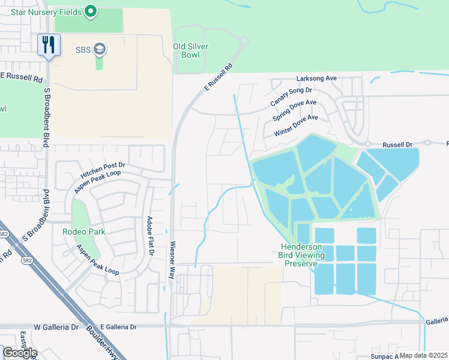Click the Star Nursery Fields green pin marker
point(91,11)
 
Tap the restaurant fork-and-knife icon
point(49,45)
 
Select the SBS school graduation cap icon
point(100,49)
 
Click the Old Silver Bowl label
point(191,50)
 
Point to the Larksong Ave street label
point(317,79)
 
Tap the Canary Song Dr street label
point(291,97)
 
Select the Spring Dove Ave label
point(295,112)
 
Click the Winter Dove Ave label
point(295,126)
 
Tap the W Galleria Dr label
point(56,327)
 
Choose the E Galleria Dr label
point(118,327)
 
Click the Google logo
point(19,353)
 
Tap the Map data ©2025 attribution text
point(423,355)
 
